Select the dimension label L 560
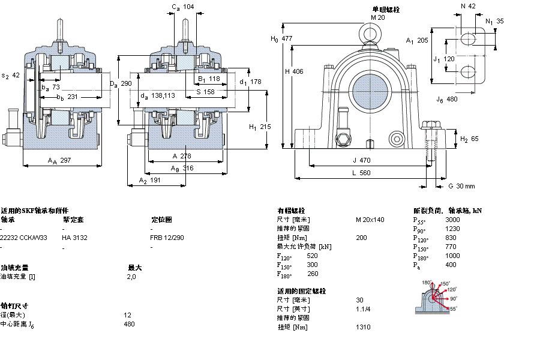point(361,173)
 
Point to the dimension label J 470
point(362,160)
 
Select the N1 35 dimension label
point(494,21)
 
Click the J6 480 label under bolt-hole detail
point(447,99)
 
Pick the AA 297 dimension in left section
point(59,160)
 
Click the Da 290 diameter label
point(120,83)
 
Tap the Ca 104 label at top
point(182,7)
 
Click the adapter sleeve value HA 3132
point(74,238)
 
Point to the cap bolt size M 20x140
point(370,220)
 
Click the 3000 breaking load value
point(453,220)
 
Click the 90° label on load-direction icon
point(454,298)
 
